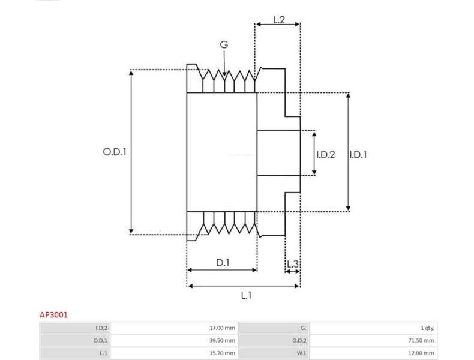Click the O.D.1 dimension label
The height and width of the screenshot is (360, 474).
coord(114,152)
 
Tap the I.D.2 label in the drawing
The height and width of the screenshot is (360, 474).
coord(325,154)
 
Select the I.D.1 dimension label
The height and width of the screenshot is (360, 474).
coord(358,154)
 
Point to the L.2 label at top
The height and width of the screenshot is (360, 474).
coord(279,19)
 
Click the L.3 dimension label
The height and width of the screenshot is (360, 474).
coord(292,263)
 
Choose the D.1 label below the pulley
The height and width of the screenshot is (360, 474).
coord(223,262)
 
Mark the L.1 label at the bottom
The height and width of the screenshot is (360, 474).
coord(246,295)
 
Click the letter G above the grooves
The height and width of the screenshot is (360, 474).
coord(224,44)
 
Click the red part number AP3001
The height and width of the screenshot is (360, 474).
coord(53,314)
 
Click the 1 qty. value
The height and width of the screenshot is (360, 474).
coord(427,328)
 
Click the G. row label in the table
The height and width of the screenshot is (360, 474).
coord(303,328)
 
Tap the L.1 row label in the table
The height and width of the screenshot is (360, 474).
coord(103,353)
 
